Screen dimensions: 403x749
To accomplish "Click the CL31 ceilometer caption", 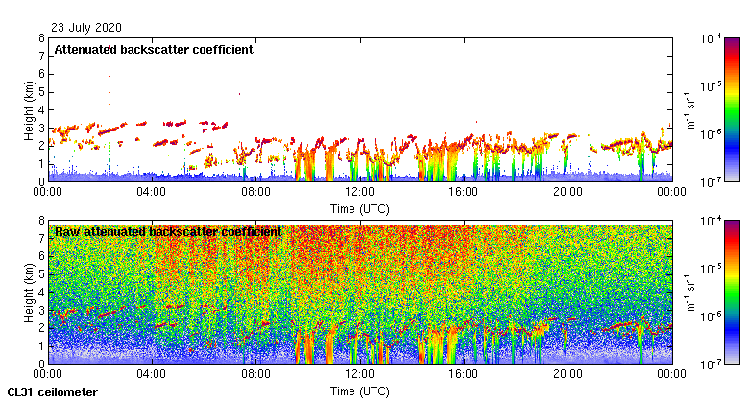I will (x=52, y=392).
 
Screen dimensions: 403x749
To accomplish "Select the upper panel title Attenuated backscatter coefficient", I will (x=154, y=50).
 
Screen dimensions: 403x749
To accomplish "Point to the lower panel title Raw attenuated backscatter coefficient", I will (x=168, y=231).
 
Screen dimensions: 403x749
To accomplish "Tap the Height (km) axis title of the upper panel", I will (x=29, y=109).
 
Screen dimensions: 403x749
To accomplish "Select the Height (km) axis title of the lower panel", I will (x=29, y=292).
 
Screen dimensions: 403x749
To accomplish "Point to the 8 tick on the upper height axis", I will (x=40, y=38).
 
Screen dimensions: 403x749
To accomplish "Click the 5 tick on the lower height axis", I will (x=40, y=274).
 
